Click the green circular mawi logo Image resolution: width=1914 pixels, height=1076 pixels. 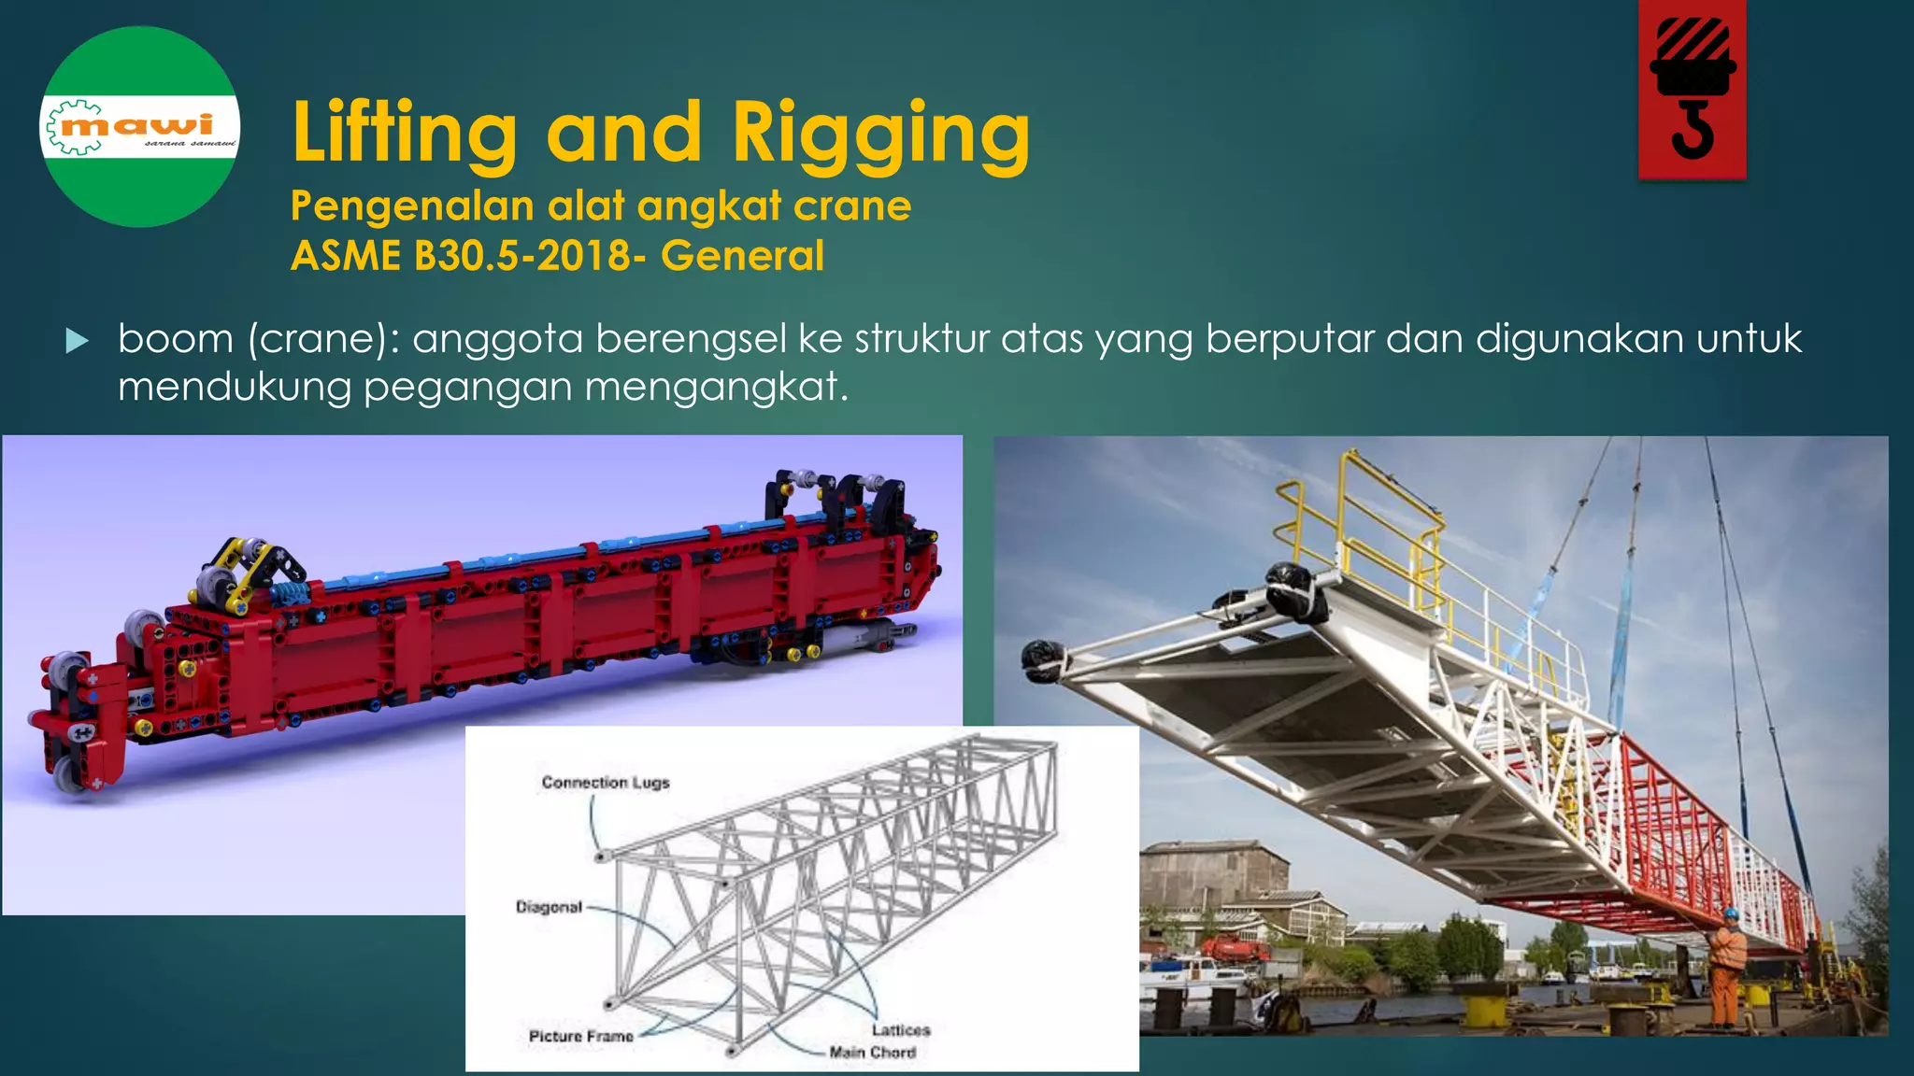pos(140,127)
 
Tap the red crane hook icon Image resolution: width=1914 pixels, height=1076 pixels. pos(1692,90)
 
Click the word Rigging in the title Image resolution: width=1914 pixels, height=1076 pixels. pos(880,133)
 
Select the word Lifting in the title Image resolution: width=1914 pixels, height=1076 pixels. pos(404,133)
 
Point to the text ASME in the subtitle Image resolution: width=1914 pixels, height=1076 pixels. pos(346,256)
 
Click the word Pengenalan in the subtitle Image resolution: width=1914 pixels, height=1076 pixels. pos(412,206)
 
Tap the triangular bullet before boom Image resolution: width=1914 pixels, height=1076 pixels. pos(78,341)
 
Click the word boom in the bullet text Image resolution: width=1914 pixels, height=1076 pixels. pos(176,339)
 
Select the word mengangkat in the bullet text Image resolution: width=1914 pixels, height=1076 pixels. pos(716,387)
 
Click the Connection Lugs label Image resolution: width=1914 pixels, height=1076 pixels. pos(606,783)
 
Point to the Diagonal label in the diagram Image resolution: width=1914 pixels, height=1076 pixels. pos(549,907)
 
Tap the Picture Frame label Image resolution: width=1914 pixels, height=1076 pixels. pos(580,1036)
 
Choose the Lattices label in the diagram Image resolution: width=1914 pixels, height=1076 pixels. pos(901,1029)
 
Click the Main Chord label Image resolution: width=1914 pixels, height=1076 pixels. pos(872,1053)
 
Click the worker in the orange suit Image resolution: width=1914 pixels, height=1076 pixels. pos(1725,967)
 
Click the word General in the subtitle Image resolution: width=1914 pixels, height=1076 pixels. pos(742,256)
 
